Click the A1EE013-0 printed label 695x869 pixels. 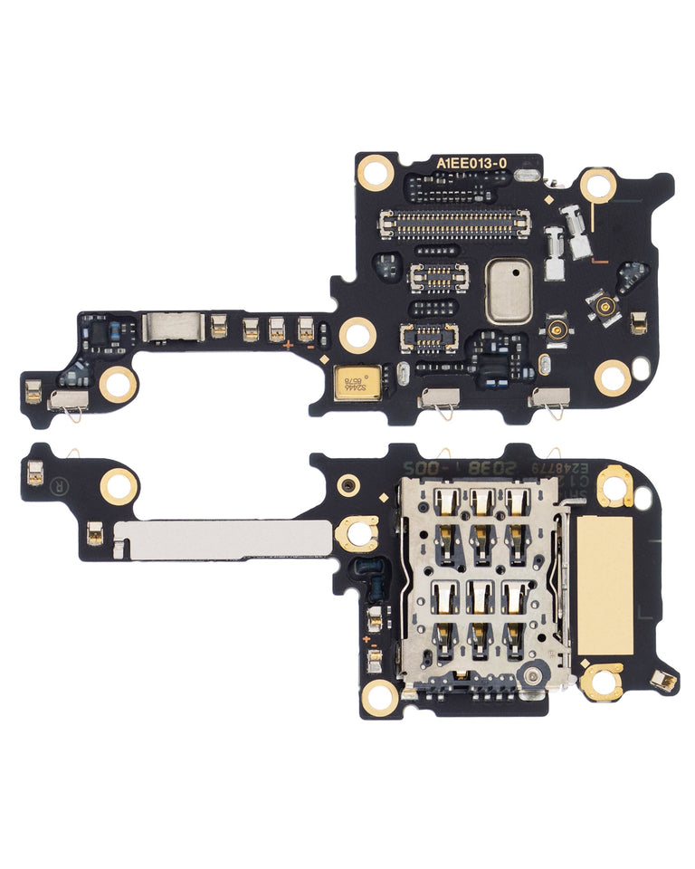click(x=471, y=163)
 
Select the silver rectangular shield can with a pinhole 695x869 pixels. click(x=508, y=292)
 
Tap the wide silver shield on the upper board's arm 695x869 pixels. click(x=171, y=327)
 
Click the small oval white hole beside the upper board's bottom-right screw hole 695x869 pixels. click(x=641, y=368)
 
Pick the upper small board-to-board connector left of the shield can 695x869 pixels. click(x=440, y=277)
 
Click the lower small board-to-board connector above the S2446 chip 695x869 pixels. click(x=428, y=338)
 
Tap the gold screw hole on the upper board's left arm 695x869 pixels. click(x=118, y=384)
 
